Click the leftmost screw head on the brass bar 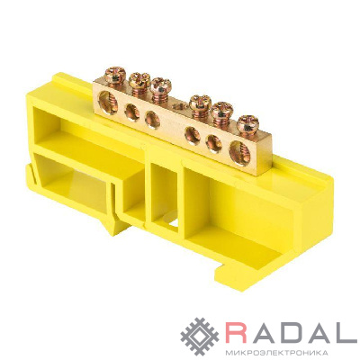click(x=115, y=74)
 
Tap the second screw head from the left click(x=139, y=79)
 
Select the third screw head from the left click(x=160, y=85)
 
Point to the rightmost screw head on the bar click(x=247, y=124)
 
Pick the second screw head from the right click(x=222, y=111)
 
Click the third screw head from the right click(x=201, y=103)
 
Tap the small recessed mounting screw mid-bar click(x=180, y=106)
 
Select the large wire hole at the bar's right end click(x=239, y=153)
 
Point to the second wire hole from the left click(x=132, y=112)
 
